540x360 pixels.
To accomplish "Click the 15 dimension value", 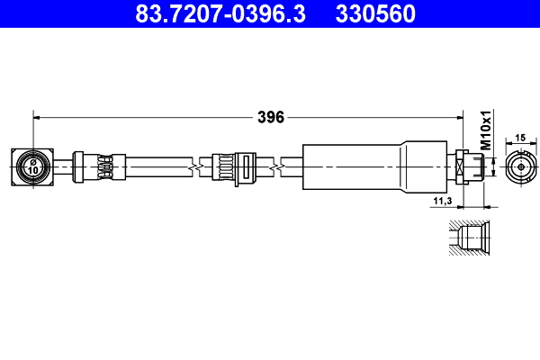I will pyautogui.click(x=519, y=138).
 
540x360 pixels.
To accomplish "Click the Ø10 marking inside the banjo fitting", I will pyautogui.click(x=32, y=167).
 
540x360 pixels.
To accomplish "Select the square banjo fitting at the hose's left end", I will pyautogui.click(x=32, y=167).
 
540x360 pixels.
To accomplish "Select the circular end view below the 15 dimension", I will pyautogui.click(x=519, y=167).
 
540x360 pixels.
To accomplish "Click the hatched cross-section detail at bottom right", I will pyautogui.click(x=469, y=238).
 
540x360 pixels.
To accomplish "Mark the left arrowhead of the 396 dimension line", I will pyautogui.click(x=37, y=117).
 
